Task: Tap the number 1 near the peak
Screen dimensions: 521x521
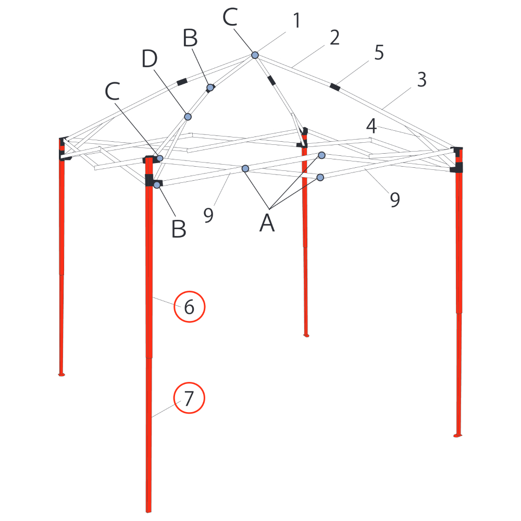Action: (297, 20)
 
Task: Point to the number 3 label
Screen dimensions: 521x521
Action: (421, 79)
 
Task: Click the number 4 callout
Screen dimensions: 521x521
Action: (371, 126)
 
